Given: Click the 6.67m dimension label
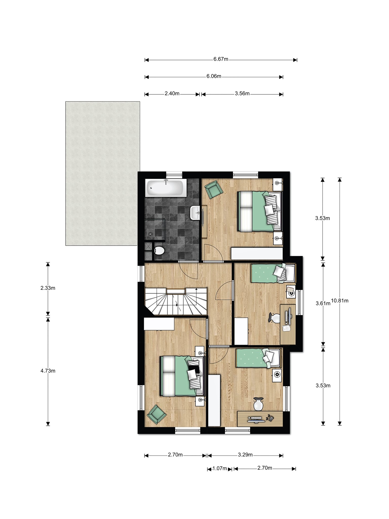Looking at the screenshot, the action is coord(221,59).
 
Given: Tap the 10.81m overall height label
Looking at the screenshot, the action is coord(340,301).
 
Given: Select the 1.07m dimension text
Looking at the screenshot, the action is coord(220,468).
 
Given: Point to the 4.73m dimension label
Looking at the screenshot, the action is coord(48,371).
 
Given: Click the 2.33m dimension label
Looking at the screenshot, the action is coord(48,288).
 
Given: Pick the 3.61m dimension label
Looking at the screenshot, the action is coord(323,303).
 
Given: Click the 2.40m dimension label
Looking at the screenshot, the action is coord(172,94).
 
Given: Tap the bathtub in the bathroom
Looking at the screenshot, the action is coord(166,188).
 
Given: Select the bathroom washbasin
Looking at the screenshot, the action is coord(195,213).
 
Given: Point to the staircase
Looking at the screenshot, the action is coord(176,301).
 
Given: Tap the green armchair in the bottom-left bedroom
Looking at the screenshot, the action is coord(157,414).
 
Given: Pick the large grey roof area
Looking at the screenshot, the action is coord(103,173).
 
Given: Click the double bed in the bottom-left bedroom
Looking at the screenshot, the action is coord(182,376).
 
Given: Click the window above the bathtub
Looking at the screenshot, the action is coord(174,174).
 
